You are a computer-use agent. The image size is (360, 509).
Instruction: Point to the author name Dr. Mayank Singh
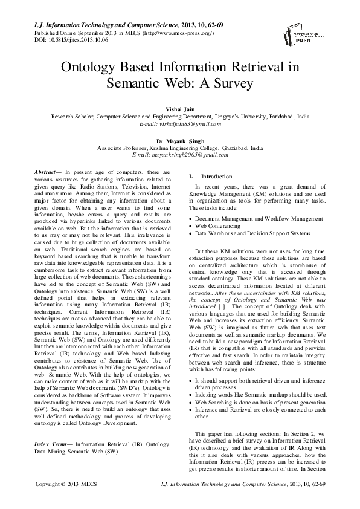tap(180, 140)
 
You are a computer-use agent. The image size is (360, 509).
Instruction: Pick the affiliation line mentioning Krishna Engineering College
tap(180, 147)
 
